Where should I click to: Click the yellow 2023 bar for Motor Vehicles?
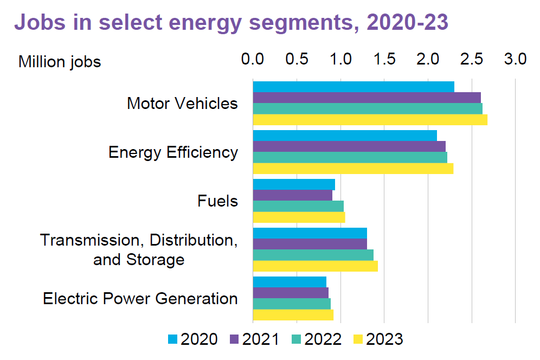pyautogui.click(x=370, y=120)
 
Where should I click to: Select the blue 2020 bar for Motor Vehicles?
pyautogui.click(x=353, y=87)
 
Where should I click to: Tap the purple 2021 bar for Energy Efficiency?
pyautogui.click(x=349, y=146)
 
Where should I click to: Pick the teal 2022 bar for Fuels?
pyautogui.click(x=298, y=206)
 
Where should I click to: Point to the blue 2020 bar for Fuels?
pyautogui.click(x=294, y=184)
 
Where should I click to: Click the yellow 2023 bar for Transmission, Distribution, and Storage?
pyautogui.click(x=315, y=266)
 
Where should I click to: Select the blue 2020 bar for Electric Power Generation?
pyautogui.click(x=290, y=282)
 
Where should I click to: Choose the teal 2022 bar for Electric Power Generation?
pyautogui.click(x=292, y=304)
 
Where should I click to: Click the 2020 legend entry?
pyautogui.click(x=192, y=339)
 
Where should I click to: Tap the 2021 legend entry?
pyautogui.click(x=254, y=339)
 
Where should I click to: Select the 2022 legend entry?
pyautogui.click(x=316, y=339)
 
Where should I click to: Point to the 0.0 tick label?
pyautogui.click(x=253, y=59)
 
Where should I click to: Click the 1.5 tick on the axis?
pyautogui.click(x=384, y=59)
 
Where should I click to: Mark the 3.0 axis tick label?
pyautogui.click(x=515, y=59)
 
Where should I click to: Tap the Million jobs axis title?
pyautogui.click(x=60, y=62)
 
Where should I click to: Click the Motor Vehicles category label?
pyautogui.click(x=182, y=103)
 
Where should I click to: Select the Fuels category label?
pyautogui.click(x=217, y=201)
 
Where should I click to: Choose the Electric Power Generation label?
pyautogui.click(x=140, y=299)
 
